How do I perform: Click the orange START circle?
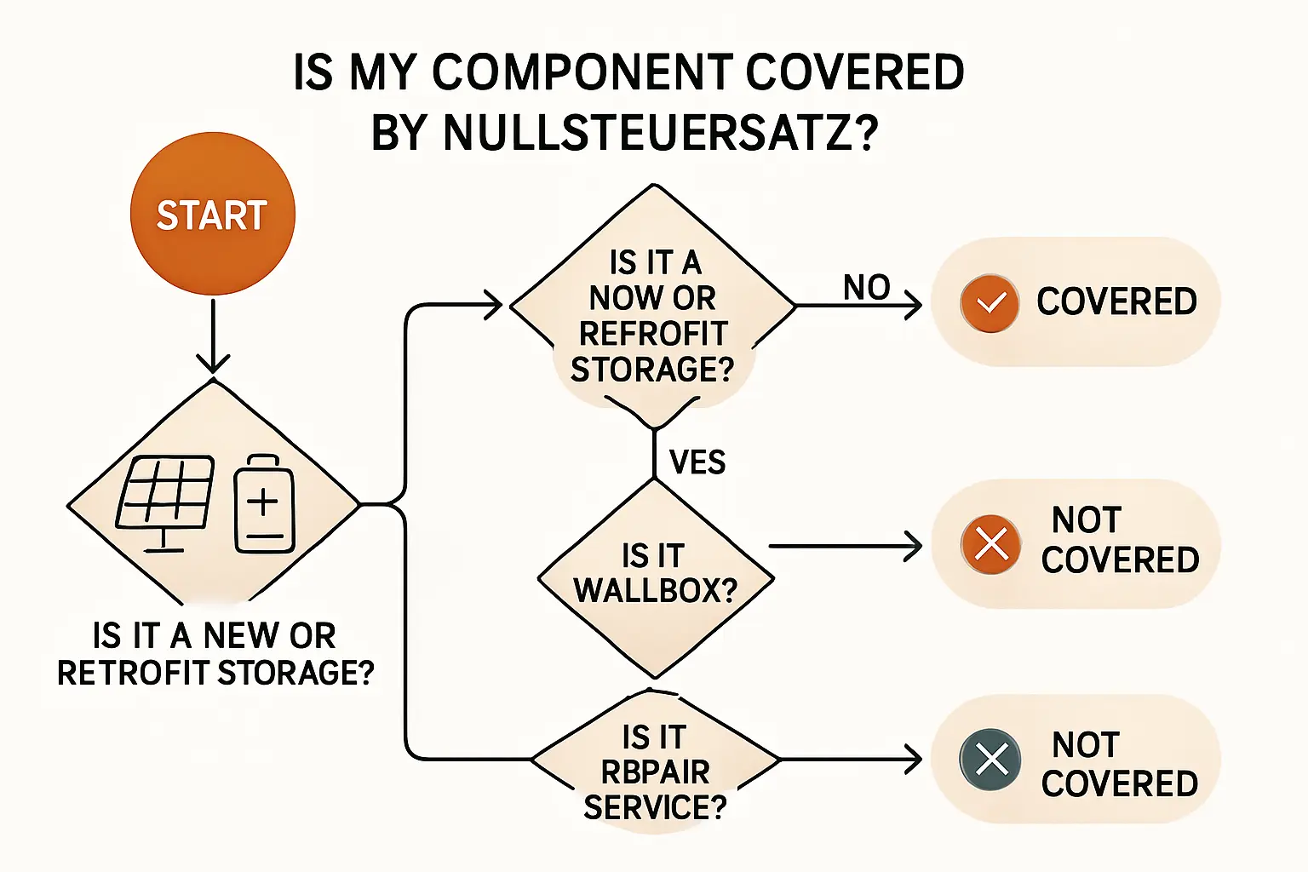(x=212, y=214)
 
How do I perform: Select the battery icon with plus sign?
(x=264, y=503)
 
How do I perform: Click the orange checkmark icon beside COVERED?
(x=990, y=303)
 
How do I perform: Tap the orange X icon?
(x=990, y=543)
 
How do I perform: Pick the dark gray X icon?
(x=990, y=759)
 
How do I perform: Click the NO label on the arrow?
(x=866, y=288)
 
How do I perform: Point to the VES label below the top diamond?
(x=697, y=462)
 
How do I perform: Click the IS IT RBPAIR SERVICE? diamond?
(x=654, y=771)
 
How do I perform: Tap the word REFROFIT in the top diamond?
(x=653, y=334)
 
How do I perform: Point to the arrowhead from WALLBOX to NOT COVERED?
(x=914, y=546)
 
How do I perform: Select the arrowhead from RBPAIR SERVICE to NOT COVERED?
(x=914, y=759)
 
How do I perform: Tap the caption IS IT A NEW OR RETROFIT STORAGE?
(x=215, y=654)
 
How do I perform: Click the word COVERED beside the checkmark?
(x=1116, y=301)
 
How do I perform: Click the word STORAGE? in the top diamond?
(x=652, y=370)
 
